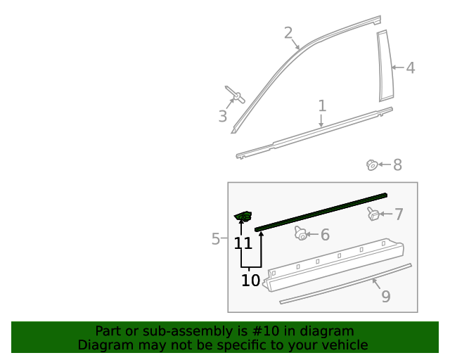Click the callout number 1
322,106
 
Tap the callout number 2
288,32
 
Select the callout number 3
223,117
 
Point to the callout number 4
411,68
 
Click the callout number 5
216,239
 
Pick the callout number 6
325,235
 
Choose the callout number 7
399,214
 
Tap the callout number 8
397,165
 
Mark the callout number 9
385,297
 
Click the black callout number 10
250,281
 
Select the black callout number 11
243,243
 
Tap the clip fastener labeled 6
301,233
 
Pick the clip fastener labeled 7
373,214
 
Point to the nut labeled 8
371,165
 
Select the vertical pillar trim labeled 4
385,66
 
